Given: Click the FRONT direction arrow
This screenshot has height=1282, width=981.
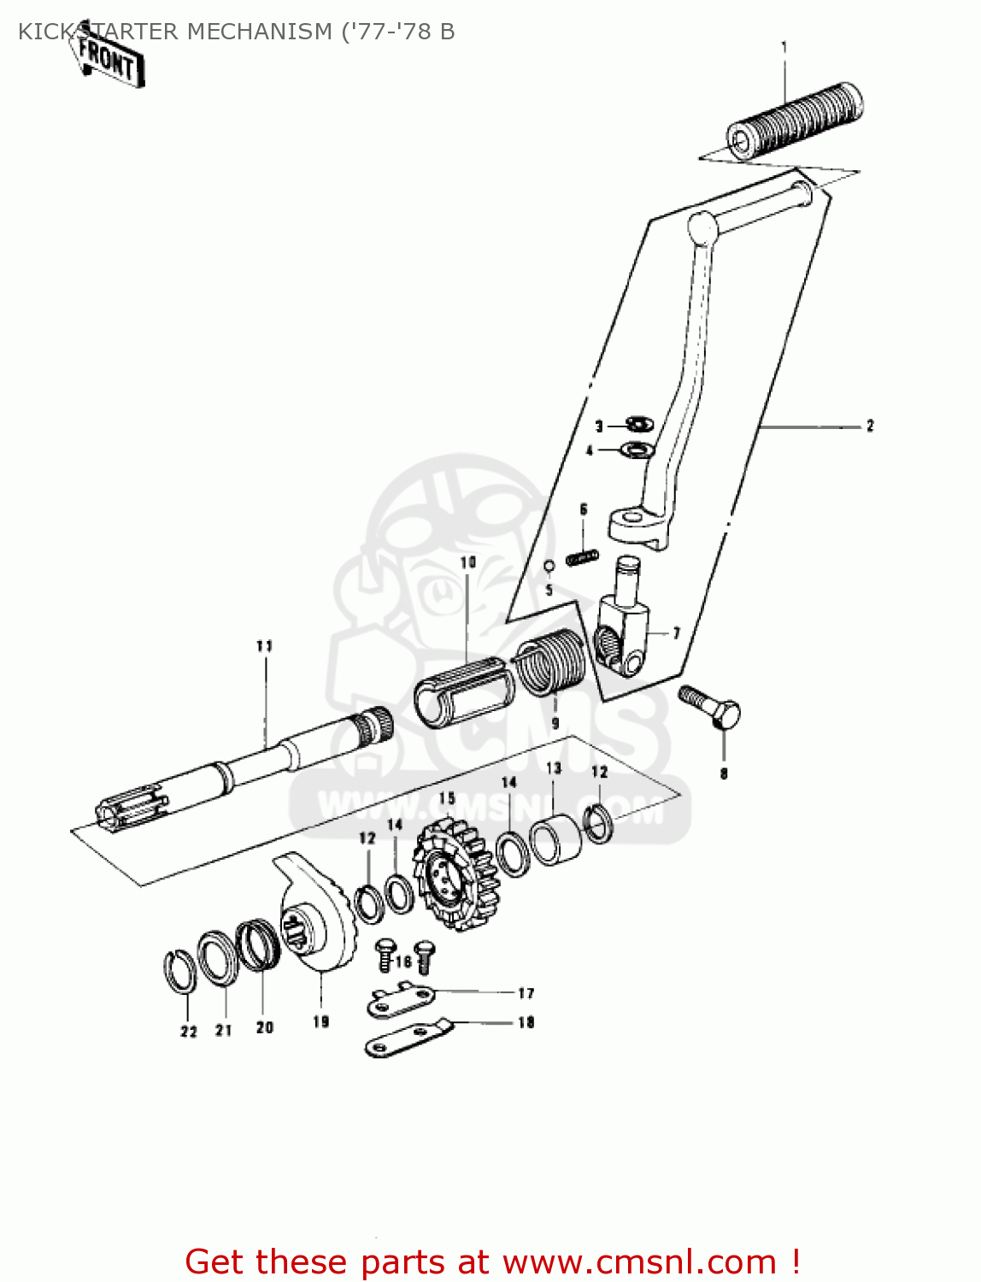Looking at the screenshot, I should coord(109,59).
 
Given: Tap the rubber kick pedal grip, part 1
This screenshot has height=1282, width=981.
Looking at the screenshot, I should coord(795,121).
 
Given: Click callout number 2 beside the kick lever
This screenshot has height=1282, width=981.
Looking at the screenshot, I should coord(870,426).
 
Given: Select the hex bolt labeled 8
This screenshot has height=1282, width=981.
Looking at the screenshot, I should coord(714,708).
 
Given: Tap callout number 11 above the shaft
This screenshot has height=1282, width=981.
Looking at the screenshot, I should coord(264,646).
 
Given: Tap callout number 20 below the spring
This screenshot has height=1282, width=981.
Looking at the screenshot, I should coord(265,1027).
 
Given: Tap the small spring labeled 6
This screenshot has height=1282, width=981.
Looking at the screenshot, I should coord(582,557).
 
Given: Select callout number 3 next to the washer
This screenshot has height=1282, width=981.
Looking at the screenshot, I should coord(599,426).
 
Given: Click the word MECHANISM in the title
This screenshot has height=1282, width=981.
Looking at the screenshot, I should coord(259,32).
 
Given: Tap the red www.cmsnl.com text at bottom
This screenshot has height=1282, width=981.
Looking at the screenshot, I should coord(637,1261).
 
